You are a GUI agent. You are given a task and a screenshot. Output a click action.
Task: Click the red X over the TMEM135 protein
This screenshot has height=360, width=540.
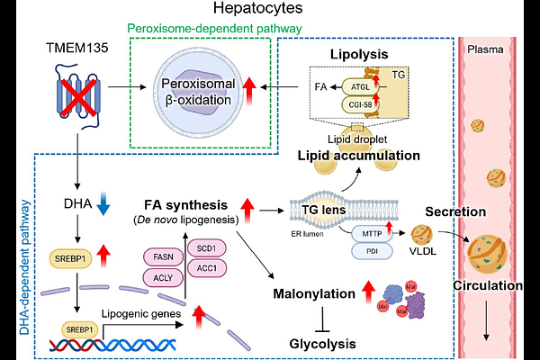(78, 97)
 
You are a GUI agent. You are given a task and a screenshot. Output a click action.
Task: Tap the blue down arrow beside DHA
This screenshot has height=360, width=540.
(103, 203)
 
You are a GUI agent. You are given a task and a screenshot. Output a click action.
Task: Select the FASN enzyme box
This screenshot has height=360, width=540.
(163, 257)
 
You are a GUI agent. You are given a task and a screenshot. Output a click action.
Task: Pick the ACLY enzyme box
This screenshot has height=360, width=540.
(163, 278)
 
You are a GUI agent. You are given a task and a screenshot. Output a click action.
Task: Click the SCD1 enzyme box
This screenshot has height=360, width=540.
(207, 248)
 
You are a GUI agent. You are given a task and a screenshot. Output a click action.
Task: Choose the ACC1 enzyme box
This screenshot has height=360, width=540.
(207, 268)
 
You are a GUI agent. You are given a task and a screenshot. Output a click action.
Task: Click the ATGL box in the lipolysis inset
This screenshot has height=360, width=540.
(360, 87)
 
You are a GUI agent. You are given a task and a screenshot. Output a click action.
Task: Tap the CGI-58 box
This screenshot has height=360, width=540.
(360, 104)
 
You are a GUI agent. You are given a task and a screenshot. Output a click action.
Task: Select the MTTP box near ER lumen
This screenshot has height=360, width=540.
(372, 234)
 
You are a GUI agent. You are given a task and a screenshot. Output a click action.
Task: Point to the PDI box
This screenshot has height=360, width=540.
(372, 251)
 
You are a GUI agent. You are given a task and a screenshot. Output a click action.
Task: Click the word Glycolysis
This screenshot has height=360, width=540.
(323, 344)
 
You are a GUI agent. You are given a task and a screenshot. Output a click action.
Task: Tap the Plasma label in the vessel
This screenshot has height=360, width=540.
(485, 49)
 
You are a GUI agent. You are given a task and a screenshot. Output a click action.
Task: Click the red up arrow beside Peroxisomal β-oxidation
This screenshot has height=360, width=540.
(249, 91)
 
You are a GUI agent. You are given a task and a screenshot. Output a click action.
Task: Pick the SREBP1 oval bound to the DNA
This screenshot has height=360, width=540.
(79, 329)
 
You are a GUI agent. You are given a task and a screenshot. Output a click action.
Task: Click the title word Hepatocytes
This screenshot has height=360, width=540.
(258, 8)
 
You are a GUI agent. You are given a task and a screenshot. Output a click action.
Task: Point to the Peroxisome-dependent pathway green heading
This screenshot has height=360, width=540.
(214, 28)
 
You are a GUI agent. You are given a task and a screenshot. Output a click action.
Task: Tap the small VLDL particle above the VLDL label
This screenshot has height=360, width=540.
(422, 235)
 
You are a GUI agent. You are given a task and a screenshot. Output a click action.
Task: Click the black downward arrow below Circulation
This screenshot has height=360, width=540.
(486, 320)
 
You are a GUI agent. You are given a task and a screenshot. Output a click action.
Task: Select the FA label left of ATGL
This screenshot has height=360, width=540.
(320, 86)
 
